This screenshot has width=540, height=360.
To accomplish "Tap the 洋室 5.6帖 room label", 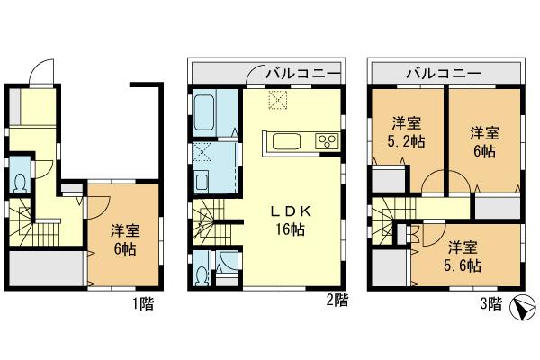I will (x=464, y=256).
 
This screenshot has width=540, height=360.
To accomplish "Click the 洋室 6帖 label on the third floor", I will (x=484, y=142).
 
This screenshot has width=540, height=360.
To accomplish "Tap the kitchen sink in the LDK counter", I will (x=287, y=141).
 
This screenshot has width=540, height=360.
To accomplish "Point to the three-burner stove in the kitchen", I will (x=325, y=141).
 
